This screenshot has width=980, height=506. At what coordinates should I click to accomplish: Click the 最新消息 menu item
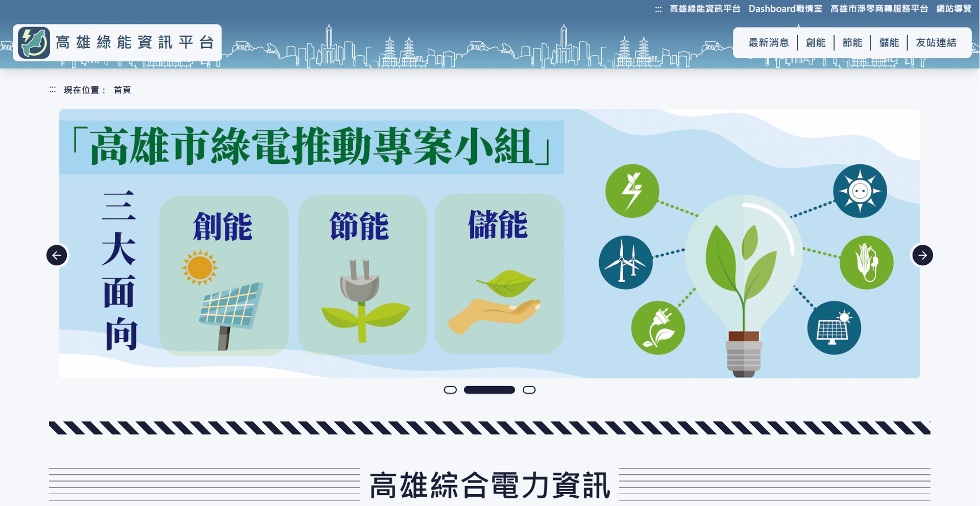click(x=768, y=43)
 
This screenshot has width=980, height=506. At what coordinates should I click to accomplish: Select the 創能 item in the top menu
click(x=815, y=43)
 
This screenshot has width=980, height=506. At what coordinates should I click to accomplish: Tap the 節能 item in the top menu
click(x=852, y=43)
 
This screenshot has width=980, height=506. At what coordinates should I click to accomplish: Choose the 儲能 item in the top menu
click(x=889, y=43)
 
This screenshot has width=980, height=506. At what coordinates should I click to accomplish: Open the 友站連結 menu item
click(x=936, y=43)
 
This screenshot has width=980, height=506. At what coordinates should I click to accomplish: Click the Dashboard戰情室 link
click(x=785, y=9)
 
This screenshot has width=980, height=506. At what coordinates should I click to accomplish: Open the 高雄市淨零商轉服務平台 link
click(x=879, y=9)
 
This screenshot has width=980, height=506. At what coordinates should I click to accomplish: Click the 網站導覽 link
click(x=953, y=9)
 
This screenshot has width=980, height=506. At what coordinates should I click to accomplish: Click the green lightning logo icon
click(x=34, y=42)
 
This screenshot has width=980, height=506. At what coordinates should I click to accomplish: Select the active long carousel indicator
click(x=489, y=390)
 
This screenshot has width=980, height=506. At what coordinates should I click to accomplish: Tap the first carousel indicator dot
click(x=450, y=390)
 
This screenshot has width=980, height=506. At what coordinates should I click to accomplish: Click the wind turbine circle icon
click(x=625, y=262)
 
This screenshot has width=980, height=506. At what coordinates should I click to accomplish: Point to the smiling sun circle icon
click(x=860, y=191)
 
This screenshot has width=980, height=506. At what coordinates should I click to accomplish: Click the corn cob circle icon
click(x=866, y=263)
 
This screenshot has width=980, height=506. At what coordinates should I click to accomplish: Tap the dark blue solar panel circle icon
click(x=834, y=328)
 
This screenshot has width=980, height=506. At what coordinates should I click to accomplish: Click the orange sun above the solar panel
click(x=200, y=267)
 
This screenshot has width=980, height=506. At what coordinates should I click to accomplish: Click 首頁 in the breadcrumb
click(x=122, y=90)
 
